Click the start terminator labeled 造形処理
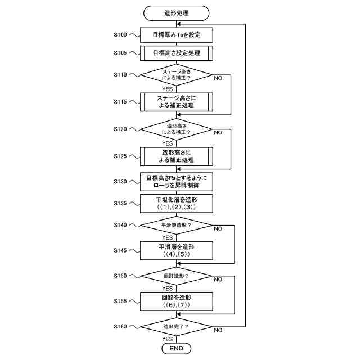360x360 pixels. [x=176, y=13]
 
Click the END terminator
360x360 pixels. [x=176, y=349]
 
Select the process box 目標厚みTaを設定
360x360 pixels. [x=176, y=35]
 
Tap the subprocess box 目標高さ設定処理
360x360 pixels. [x=176, y=53]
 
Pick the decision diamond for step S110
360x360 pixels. [x=176, y=75]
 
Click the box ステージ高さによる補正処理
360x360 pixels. [x=176, y=102]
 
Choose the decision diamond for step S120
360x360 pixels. [x=176, y=129]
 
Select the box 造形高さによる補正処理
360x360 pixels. [x=176, y=156]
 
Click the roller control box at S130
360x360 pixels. [x=176, y=182]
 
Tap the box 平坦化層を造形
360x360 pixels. [x=176, y=204]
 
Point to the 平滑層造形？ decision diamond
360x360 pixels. [x=176, y=225]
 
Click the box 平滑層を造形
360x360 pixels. [x=176, y=251]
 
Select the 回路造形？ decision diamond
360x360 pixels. [x=176, y=276]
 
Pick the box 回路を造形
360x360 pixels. [x=176, y=301]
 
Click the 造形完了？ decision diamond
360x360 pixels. [x=176, y=327]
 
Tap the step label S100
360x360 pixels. [x=120, y=35]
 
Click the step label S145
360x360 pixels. [x=120, y=250]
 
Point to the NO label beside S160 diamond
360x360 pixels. [x=218, y=330]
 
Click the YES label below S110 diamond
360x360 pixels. [x=168, y=89]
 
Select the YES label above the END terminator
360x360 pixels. [x=168, y=339]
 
